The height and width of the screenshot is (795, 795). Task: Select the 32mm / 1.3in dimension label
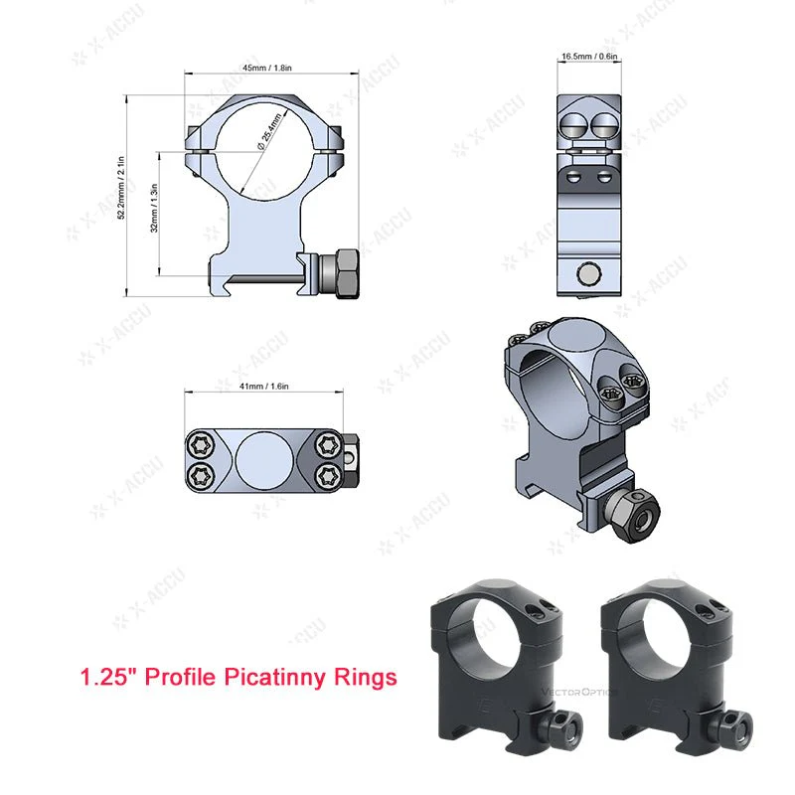click(153, 213)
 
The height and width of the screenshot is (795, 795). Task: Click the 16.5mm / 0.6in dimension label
click(588, 57)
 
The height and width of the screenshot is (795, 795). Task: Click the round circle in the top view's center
click(265, 459)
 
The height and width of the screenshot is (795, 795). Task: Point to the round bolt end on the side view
click(588, 272)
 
